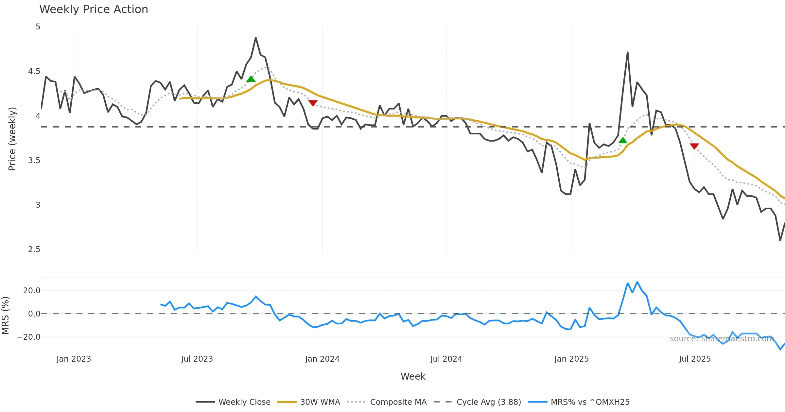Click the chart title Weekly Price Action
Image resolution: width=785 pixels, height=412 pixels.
pos(94,9)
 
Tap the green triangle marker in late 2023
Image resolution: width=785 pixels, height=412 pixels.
pos(251,79)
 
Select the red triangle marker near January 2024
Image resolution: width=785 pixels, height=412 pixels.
pos(313,103)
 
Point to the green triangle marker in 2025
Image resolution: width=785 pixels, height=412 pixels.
pos(623,141)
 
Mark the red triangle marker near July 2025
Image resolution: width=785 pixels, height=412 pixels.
pos(694,146)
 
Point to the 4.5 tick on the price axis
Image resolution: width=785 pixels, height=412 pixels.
pos(34,71)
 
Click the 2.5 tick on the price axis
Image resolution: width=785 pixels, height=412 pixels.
pos(34,249)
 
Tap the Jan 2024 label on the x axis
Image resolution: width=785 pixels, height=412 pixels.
pos(322,359)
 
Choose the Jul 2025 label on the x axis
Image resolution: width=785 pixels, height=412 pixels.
pos(695,359)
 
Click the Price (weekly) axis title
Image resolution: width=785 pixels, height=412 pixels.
pos(12,139)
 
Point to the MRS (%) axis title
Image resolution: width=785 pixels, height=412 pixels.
pos(5,315)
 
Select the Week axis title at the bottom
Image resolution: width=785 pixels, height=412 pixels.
pos(413,376)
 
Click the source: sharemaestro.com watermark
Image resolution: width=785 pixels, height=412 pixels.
pos(722,339)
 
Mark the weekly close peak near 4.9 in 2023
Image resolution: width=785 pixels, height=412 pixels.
pos(256,38)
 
